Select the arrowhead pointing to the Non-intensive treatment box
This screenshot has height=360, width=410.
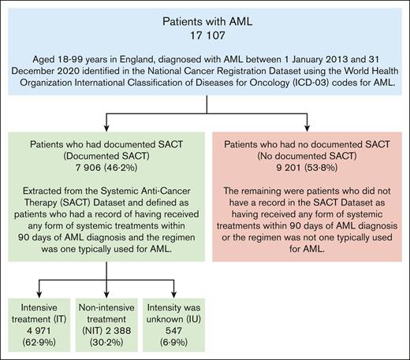pos(104,295)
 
